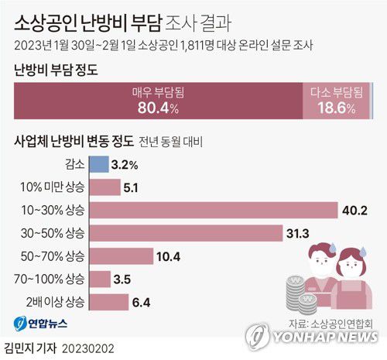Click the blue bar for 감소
pos(99,164)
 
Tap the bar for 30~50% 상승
pos(186,233)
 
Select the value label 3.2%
pos(125,164)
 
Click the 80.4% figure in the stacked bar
pos(158,108)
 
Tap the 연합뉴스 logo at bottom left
pos(37,323)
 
